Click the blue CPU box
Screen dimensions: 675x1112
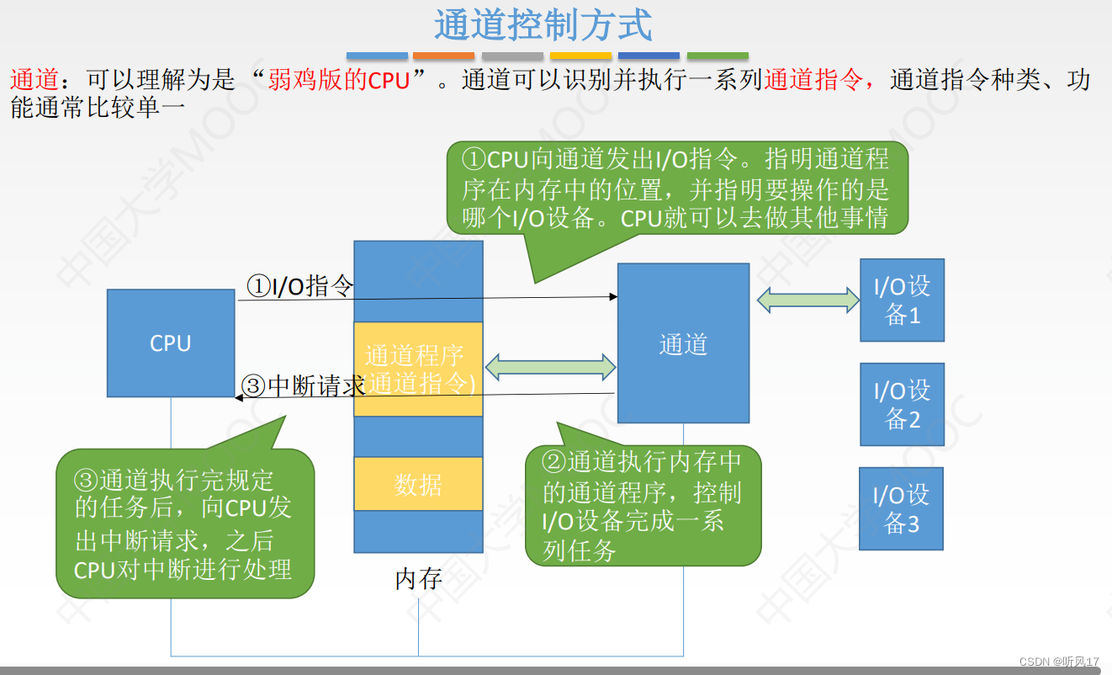[171, 343]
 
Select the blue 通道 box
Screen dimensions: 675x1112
[683, 343]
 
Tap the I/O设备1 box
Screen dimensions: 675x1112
[902, 300]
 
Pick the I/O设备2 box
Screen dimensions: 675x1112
[902, 404]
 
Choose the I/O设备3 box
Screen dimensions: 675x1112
[901, 508]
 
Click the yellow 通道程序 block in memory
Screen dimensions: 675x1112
[418, 369]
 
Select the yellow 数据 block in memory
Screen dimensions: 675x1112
[418, 484]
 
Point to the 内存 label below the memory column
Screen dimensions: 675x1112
[418, 579]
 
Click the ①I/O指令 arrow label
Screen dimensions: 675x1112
[299, 287]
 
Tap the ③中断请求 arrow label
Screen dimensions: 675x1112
[303, 386]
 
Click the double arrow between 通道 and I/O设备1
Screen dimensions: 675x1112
[808, 300]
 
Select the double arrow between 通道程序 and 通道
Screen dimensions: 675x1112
[551, 366]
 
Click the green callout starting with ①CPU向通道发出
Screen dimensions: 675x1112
[677, 187]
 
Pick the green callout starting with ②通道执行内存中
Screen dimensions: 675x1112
[643, 505]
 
